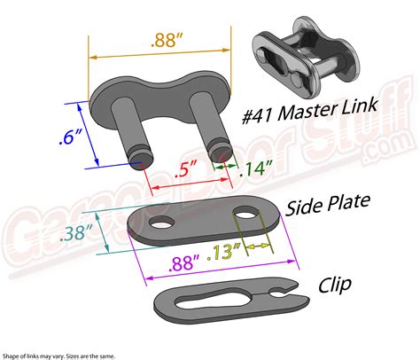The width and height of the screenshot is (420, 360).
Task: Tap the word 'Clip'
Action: click(335, 285)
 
